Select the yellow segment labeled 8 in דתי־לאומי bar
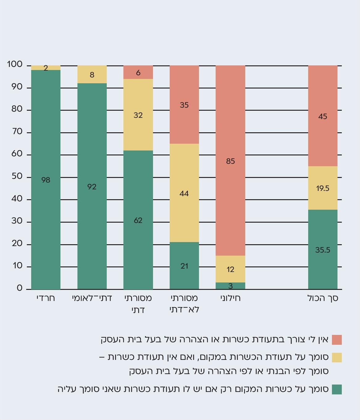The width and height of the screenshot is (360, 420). point(92,75)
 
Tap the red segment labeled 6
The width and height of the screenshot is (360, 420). point(138,72)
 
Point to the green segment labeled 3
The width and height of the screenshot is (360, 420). point(230,286)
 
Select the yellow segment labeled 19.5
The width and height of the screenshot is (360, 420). point(323,188)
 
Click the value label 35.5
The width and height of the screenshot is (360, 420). point(323,250)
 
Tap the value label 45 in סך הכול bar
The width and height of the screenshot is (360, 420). point(323,117)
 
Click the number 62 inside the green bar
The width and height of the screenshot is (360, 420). point(138,220)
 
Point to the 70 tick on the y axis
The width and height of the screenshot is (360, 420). point(17,132)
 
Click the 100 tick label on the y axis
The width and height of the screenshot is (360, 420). point(15,64)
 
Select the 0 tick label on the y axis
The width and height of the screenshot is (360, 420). point(20,288)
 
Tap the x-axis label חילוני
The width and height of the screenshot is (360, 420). point(230,298)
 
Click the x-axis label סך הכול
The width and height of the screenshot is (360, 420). point(323,298)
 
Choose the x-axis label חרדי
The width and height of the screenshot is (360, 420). point(46,298)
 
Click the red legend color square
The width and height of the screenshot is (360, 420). point(337,340)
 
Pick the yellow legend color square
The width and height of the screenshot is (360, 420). point(337,357)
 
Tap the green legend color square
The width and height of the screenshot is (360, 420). point(337,389)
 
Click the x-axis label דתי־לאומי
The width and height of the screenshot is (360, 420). point(92,298)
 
